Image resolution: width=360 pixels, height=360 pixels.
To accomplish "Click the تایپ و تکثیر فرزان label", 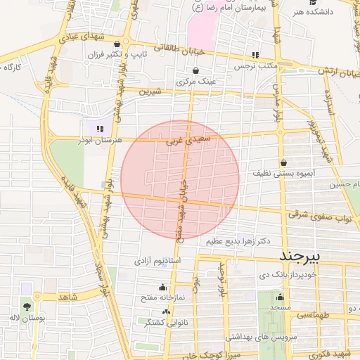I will [115, 54].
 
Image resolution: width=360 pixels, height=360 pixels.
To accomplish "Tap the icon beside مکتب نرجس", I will [255, 55].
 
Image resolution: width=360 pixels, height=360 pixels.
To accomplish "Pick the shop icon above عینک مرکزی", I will [195, 70].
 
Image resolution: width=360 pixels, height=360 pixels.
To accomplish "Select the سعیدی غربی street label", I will [183, 141].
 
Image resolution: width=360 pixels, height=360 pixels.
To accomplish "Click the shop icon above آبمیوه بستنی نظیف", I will [283, 162].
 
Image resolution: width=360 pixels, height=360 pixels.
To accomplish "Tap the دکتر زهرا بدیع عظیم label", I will [238, 240].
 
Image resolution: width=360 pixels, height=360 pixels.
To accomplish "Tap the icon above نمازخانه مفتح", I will [163, 287].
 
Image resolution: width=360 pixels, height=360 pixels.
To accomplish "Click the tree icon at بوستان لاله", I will [27, 307].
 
